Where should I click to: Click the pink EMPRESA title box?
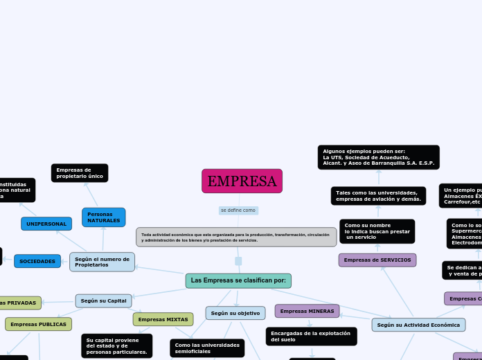pos(242,181)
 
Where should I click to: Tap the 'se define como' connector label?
pos(238,210)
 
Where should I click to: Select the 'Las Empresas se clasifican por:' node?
pos(238,280)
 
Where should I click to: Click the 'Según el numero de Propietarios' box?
pos(102,262)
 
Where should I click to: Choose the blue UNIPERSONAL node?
pos(46,224)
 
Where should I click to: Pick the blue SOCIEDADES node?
pos(37,261)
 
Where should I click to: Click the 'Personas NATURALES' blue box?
pos(103,217)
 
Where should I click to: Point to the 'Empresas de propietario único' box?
pos(80,173)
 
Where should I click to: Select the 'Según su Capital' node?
pos(103,300)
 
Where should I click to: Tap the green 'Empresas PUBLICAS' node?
pos(38,324)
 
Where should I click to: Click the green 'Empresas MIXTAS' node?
pos(163,319)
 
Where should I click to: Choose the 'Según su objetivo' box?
pos(235,313)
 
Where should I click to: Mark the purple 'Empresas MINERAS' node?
pos(307,311)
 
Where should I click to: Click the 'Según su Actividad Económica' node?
pos(418,325)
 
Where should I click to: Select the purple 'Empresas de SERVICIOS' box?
pos(377,260)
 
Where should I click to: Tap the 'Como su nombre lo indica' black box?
pos(377,231)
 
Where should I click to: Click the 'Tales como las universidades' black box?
pos(378,196)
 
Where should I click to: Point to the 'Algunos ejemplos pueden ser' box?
pos(378,157)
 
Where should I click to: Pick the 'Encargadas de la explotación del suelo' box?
pos(311,336)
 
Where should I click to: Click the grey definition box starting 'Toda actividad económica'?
pos(236,237)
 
